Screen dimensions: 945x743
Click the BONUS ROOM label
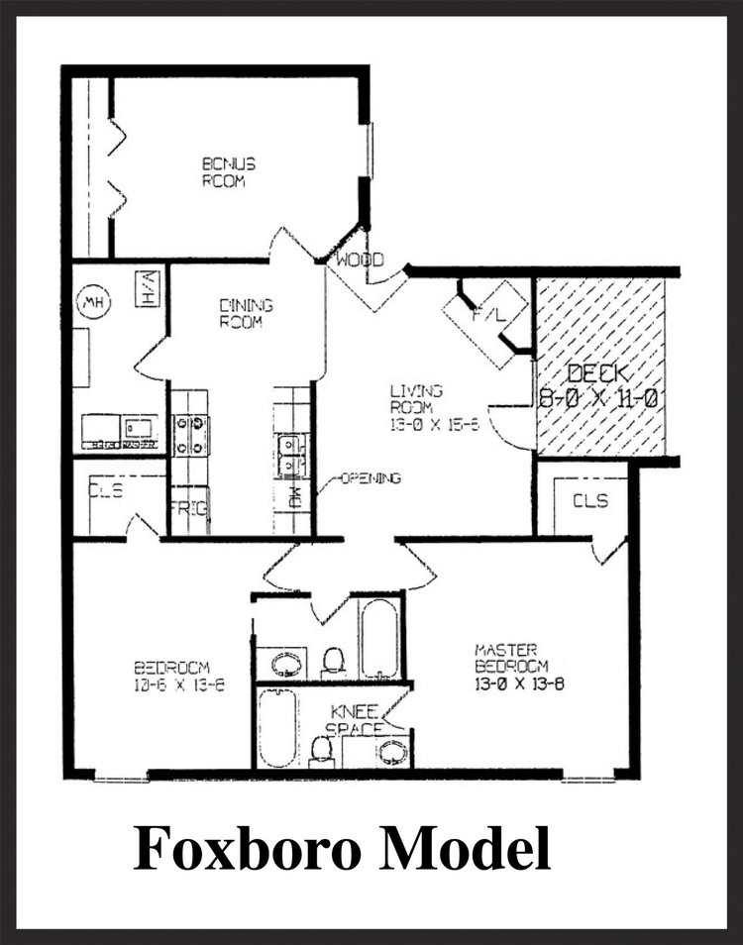pyautogui.click(x=229, y=172)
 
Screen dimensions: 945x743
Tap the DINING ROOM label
pyautogui.click(x=246, y=314)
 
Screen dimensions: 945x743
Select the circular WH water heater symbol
pyautogui.click(x=95, y=301)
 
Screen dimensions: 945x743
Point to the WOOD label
pyautogui.click(x=359, y=262)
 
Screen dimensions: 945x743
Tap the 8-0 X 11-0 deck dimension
pyautogui.click(x=600, y=400)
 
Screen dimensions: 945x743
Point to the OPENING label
pyautogui.click(x=371, y=479)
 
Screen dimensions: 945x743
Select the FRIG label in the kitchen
pyautogui.click(x=188, y=509)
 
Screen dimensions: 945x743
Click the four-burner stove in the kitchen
pyautogui.click(x=191, y=435)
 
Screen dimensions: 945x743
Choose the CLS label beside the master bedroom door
pyautogui.click(x=590, y=501)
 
